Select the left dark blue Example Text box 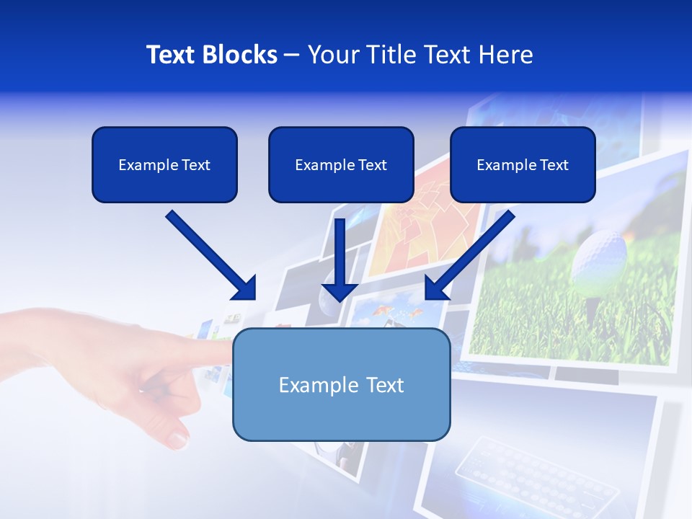coord(164,164)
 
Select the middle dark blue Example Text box coord(341,164)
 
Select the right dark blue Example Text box coord(523,164)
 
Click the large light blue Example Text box coord(341,384)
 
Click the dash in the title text coord(292,55)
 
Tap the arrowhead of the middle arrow coord(340,291)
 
